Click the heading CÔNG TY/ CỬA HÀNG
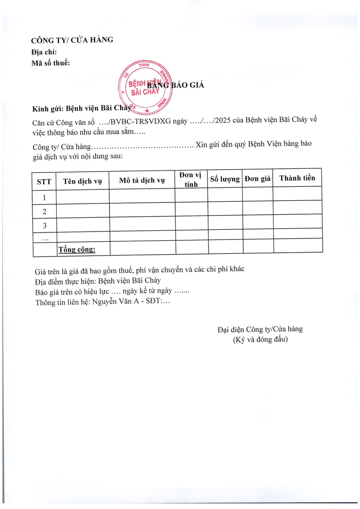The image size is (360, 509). (72, 40)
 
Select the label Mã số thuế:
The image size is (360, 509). (51, 63)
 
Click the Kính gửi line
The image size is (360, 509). (81, 108)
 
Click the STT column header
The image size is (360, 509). (44, 182)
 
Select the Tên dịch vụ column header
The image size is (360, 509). (83, 181)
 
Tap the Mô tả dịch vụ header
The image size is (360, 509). (142, 181)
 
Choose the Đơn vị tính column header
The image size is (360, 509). (191, 180)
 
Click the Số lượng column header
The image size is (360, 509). (225, 179)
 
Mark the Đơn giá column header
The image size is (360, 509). (257, 179)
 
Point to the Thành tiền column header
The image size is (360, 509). (297, 178)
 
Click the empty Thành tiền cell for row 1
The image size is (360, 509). (297, 194)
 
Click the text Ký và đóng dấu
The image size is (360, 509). (260, 340)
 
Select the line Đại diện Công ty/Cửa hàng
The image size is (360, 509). (260, 329)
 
